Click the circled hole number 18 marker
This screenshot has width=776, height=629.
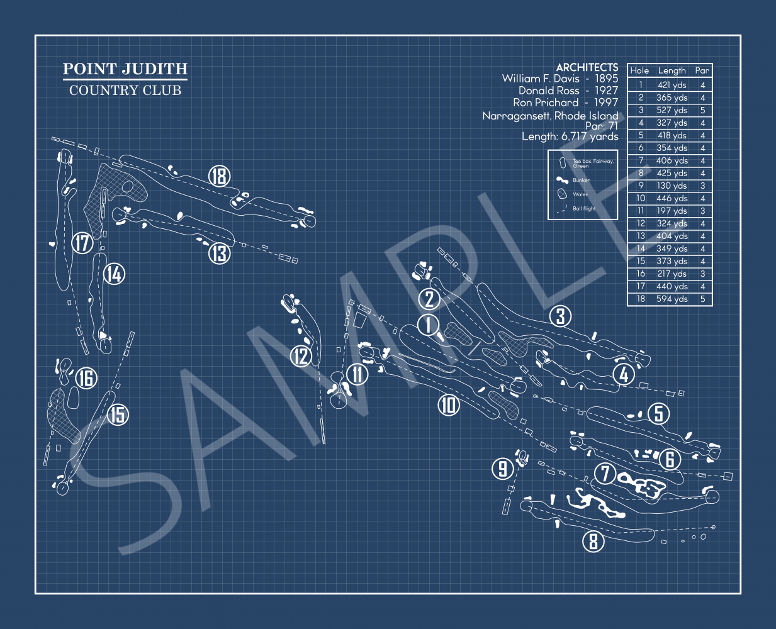219,176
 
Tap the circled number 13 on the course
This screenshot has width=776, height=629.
219,253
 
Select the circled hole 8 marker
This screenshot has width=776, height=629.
593,541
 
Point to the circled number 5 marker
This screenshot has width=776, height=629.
658,413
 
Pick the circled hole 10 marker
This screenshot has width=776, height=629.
448,405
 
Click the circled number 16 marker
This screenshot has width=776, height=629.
86,378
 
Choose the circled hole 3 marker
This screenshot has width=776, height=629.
560,316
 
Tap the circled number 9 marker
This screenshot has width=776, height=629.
502,468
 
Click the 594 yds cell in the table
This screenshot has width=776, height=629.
672,299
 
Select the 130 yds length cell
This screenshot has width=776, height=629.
672,186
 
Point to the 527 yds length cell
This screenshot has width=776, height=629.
672,110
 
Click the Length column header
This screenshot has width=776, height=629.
672,70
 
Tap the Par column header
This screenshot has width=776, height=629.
702,70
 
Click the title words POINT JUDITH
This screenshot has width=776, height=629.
125,69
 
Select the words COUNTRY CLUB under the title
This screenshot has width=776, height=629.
125,91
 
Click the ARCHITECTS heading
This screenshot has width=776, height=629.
587,67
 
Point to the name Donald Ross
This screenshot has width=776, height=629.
549,91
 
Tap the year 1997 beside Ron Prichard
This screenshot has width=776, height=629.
606,103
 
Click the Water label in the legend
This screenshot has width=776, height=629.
580,194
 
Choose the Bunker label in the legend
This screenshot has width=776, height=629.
581,180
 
